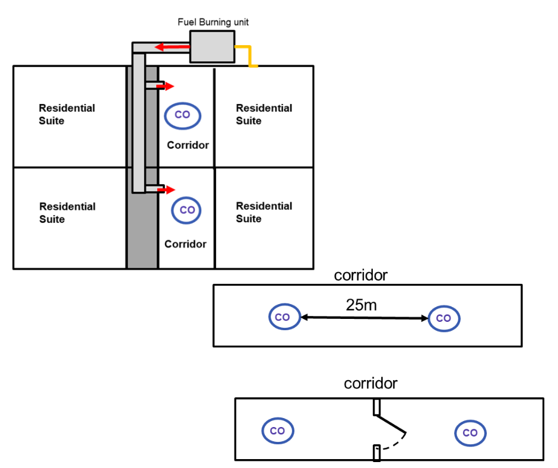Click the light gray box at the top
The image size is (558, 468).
[x=212, y=46]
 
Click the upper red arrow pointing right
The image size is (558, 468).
[x=166, y=86]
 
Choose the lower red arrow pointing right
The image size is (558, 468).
[x=167, y=189]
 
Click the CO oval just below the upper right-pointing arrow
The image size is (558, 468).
[x=183, y=115]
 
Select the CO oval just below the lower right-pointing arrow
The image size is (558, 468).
[x=186, y=210]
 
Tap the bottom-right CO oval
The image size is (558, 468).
[x=470, y=433]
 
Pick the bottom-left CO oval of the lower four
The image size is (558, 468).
[x=278, y=431]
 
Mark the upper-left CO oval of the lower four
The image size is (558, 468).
[x=284, y=317]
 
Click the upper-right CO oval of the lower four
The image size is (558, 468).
[x=444, y=318]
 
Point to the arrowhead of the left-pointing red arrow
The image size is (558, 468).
[x=158, y=47]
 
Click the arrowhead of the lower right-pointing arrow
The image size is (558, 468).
[x=172, y=189]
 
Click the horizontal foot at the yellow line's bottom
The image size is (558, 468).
[x=253, y=66]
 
